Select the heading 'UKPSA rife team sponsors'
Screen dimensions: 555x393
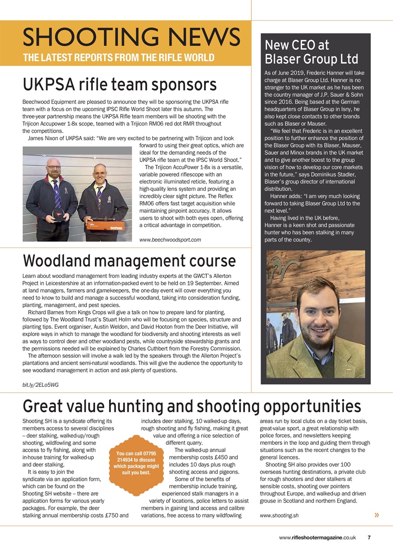[x=119, y=85]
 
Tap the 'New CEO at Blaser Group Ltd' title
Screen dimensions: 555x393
[x=311, y=52]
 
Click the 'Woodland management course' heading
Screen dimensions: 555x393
[x=129, y=261]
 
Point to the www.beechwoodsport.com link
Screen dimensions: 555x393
[x=170, y=239]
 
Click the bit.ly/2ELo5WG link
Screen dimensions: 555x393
[x=40, y=385]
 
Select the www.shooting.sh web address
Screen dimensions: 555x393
[x=279, y=516]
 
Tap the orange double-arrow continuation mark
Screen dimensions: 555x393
[x=376, y=515]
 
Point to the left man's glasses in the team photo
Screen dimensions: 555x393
[x=54, y=167]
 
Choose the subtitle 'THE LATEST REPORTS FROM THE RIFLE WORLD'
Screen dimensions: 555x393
[x=118, y=58]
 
